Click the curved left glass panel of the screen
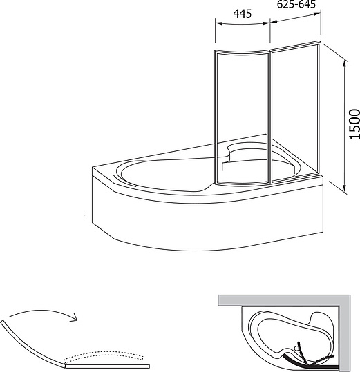[242, 117]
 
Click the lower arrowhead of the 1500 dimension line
[344, 188]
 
